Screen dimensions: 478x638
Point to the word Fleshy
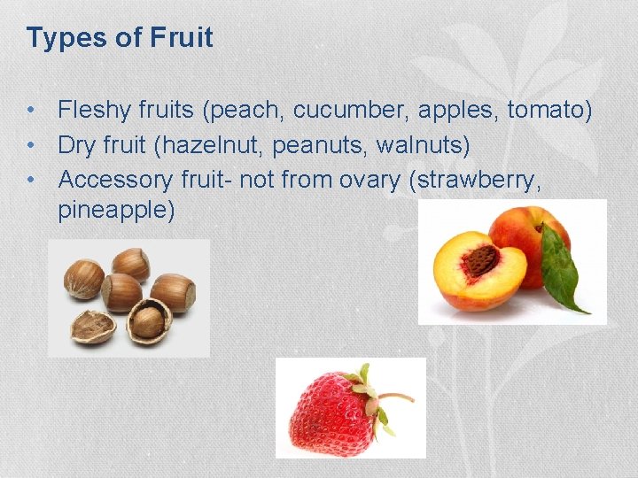click(x=93, y=110)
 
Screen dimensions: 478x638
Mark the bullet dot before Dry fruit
click(x=31, y=144)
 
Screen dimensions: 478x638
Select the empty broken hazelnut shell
click(x=92, y=326)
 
